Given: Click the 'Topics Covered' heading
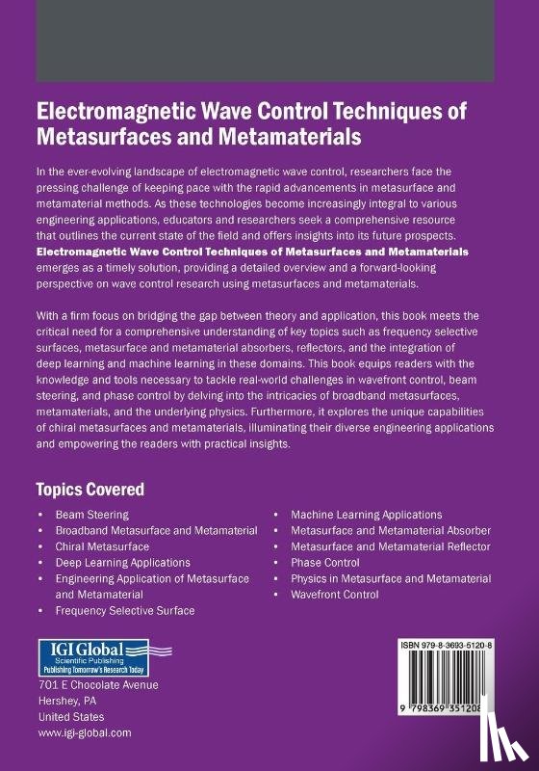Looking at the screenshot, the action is coord(90,489).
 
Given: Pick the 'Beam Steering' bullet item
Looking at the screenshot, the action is coord(92,516).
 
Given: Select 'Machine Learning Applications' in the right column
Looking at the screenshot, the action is coord(366,516).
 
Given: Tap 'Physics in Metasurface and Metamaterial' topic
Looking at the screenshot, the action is coord(391,578).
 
